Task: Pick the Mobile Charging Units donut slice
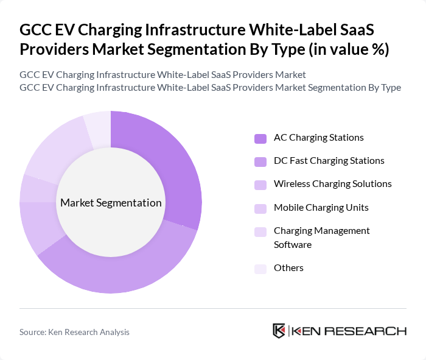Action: tap(30, 188)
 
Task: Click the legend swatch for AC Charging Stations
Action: tap(260, 138)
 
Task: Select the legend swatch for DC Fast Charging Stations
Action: tap(260, 161)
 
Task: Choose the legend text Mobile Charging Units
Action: tap(321, 207)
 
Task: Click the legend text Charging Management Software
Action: tap(321, 238)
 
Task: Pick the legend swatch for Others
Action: tap(260, 269)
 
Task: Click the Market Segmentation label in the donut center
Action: tap(111, 203)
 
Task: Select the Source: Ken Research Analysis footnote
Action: tap(74, 332)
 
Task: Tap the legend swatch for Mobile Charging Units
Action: tap(260, 208)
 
